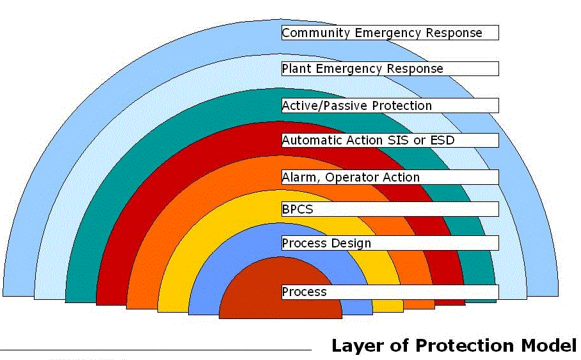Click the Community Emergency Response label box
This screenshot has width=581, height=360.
(390, 33)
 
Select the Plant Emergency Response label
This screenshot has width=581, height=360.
(390, 68)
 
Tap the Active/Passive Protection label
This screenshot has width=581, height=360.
(390, 106)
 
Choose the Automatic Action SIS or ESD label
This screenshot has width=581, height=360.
(390, 140)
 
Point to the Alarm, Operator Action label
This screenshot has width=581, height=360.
(390, 177)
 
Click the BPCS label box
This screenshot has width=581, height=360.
(390, 209)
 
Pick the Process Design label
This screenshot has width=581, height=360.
(390, 243)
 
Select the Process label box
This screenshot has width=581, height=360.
(390, 292)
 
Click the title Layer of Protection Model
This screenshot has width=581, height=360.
(454, 346)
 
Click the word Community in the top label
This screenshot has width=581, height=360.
(312, 33)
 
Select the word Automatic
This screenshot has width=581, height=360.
(312, 140)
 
